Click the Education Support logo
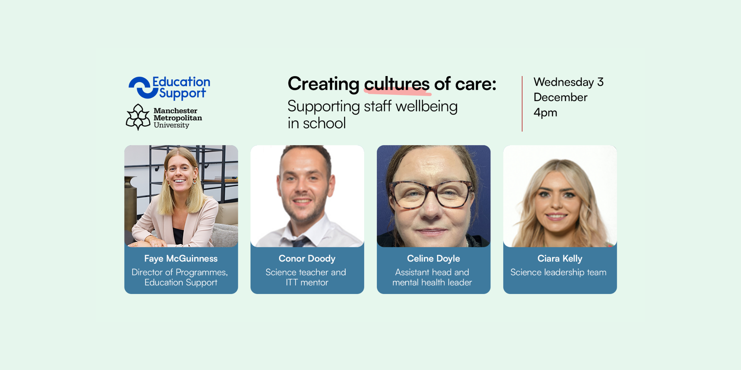pos(169,88)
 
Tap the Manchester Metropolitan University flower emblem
pos(138,117)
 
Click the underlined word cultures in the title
pos(397,84)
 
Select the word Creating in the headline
pos(324,84)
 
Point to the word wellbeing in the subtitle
pos(426,107)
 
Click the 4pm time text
pos(545,113)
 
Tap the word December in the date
pos(561,97)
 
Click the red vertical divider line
pos(522,103)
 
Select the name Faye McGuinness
pos(181,259)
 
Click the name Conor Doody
pos(307,259)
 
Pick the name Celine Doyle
pos(434,259)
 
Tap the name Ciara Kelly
pos(560,259)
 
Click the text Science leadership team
pos(558,272)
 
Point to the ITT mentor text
pos(307,283)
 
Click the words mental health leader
pos(432,283)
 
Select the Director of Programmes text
pos(179,273)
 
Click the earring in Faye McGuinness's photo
pos(195,181)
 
